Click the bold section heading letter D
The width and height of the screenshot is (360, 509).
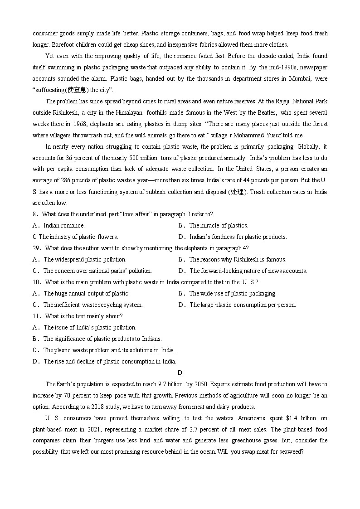(x=180, y=373)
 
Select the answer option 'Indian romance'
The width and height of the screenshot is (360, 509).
(x=64, y=225)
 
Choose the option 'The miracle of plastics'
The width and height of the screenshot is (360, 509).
(x=219, y=225)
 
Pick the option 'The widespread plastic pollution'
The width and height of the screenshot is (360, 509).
(x=85, y=259)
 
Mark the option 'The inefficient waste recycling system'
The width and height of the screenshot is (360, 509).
(x=92, y=305)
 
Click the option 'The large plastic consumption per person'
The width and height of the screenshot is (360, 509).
(x=243, y=305)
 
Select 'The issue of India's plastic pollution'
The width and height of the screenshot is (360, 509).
(x=90, y=327)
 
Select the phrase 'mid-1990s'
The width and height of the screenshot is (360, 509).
(x=284, y=67)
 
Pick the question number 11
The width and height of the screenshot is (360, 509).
(x=36, y=316)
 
